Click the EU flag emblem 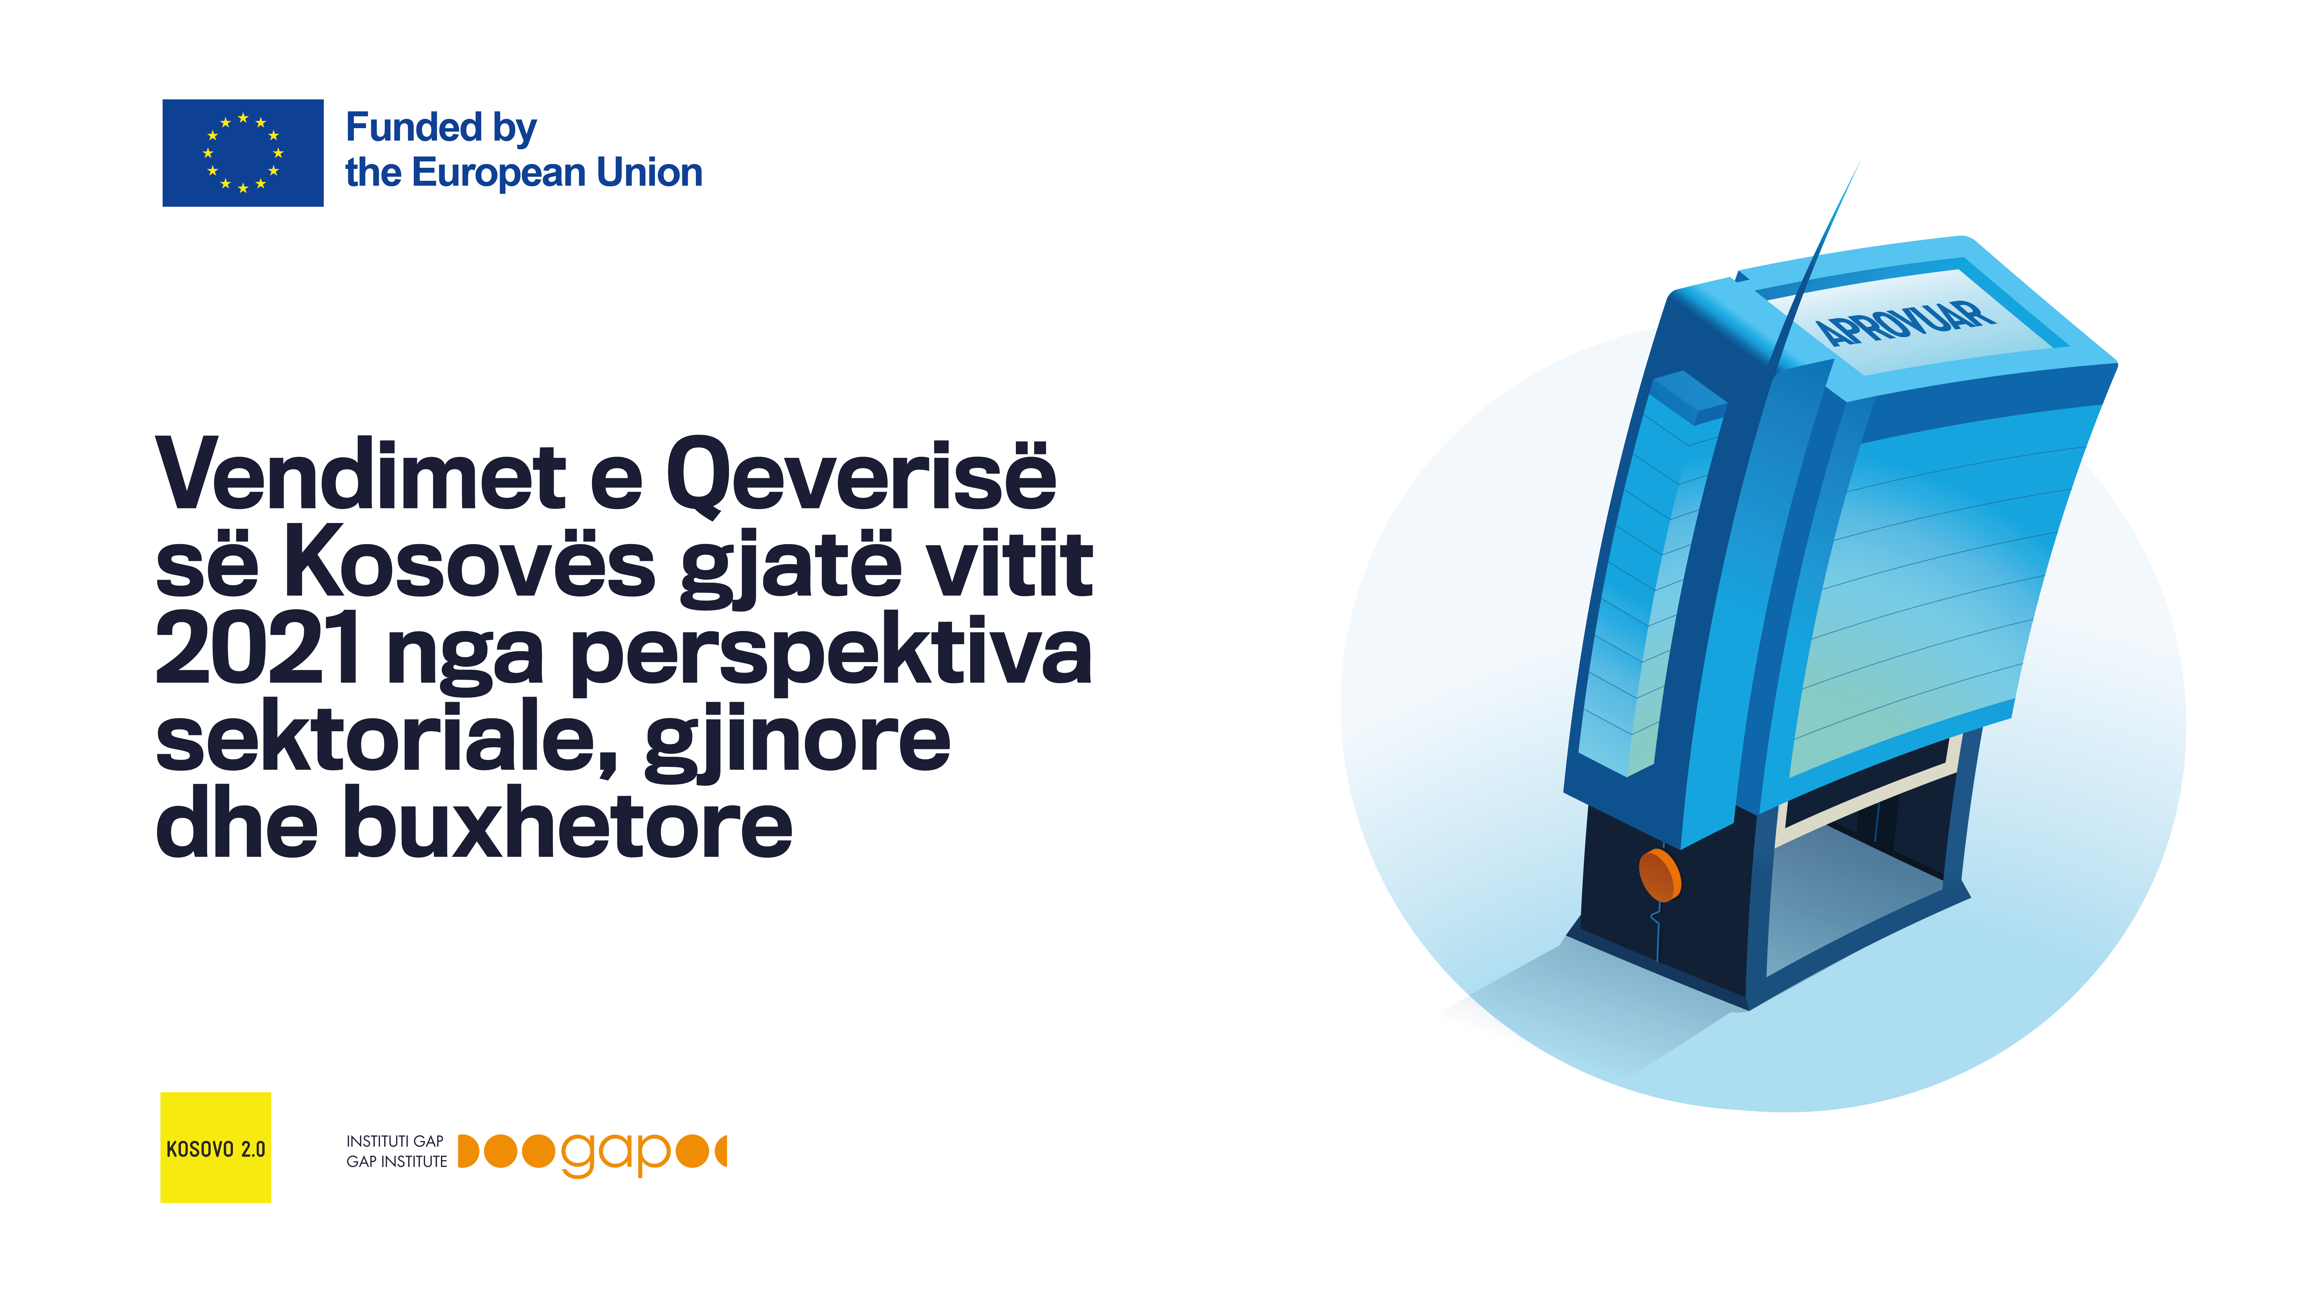[243, 153]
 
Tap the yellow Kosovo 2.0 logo [216, 1148]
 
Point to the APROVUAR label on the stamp [1905, 322]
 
